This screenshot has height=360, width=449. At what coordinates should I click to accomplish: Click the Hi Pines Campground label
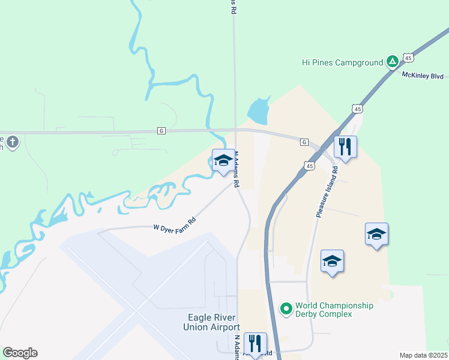click(x=342, y=62)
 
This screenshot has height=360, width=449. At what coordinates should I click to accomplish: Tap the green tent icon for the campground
click(x=392, y=61)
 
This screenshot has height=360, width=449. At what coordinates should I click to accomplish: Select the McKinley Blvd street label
click(x=424, y=76)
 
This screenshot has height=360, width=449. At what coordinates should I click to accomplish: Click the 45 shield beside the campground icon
click(x=408, y=58)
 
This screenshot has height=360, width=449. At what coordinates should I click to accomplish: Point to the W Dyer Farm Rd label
click(x=175, y=228)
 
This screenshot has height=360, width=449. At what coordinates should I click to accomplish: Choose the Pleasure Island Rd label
click(x=327, y=191)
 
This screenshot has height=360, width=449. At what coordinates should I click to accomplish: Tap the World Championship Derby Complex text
click(x=334, y=310)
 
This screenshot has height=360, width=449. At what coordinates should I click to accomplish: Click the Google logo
click(x=20, y=353)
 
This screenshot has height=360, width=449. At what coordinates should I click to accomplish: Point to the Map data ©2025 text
click(x=424, y=355)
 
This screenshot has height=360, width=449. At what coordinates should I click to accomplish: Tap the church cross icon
click(x=12, y=142)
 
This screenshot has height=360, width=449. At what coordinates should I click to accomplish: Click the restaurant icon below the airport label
click(x=255, y=343)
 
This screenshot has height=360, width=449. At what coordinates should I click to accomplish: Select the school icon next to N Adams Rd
click(x=223, y=160)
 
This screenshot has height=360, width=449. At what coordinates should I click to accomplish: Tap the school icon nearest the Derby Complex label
click(x=332, y=261)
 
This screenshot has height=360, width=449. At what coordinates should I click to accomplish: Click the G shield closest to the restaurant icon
click(x=304, y=142)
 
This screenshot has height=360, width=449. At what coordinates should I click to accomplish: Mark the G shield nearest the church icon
click(x=161, y=130)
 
